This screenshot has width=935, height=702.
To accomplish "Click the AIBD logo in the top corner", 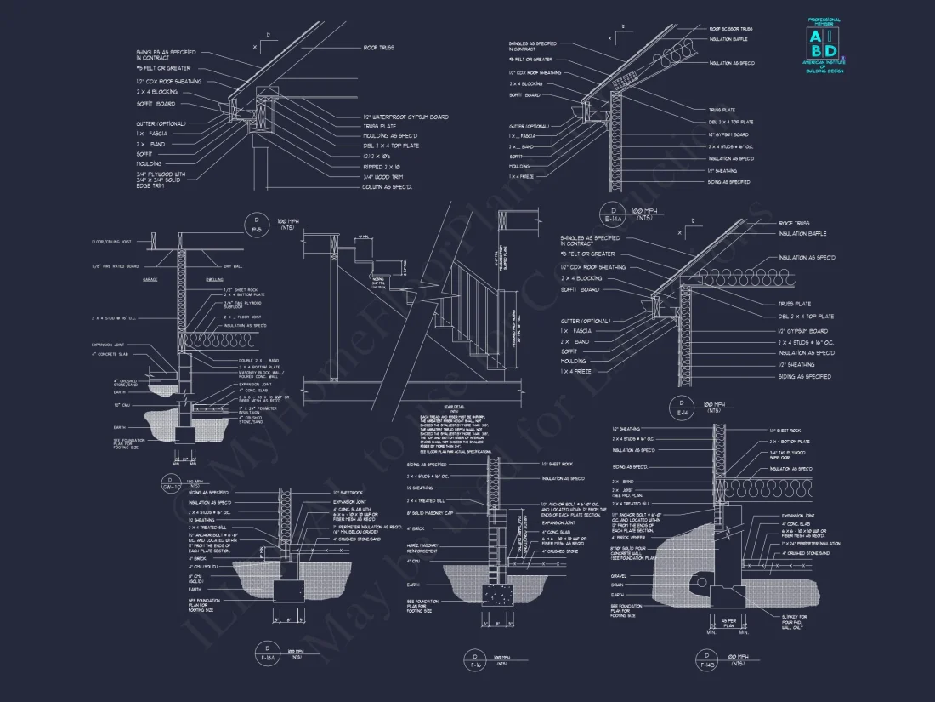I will (x=822, y=43).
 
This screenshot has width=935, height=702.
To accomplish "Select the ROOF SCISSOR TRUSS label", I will (x=730, y=29).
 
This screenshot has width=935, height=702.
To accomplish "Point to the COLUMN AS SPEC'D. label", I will (x=387, y=186).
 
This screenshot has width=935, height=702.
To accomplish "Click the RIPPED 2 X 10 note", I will (x=379, y=166).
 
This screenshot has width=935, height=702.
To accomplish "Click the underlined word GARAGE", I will (x=150, y=279).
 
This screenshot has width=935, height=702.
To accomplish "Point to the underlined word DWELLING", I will (x=214, y=279).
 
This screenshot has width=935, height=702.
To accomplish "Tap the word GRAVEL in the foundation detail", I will (x=618, y=575).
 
